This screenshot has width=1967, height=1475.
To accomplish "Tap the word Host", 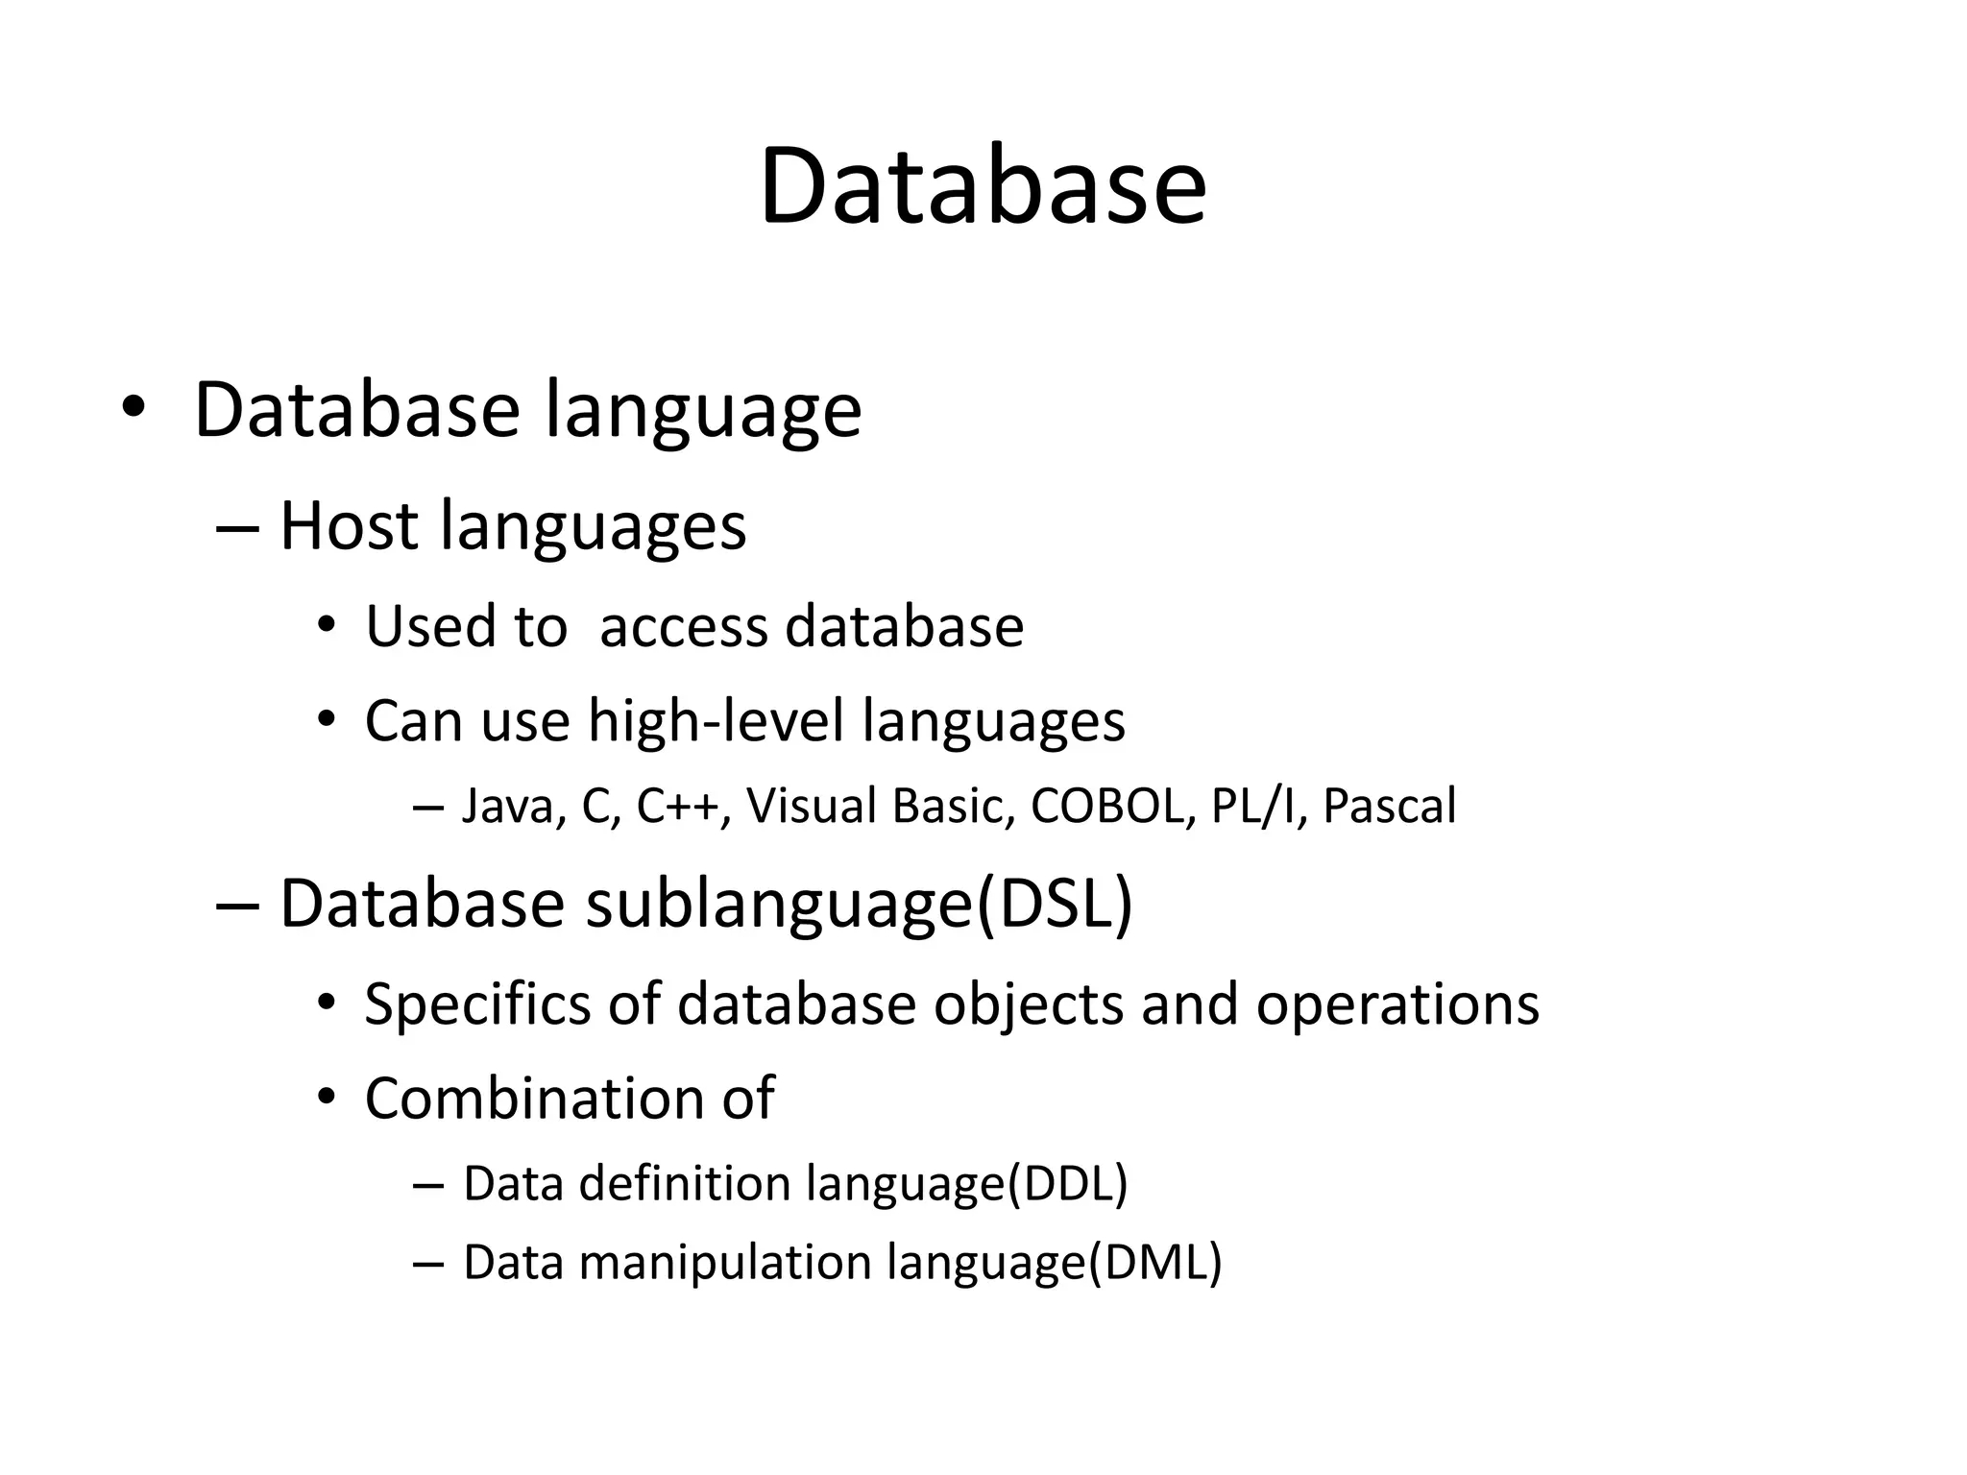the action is pos(349,526).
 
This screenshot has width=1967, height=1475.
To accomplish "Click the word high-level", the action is pos(715,720).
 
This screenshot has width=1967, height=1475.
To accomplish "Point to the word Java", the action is pos(507,806).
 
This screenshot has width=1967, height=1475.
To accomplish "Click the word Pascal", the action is pos(1389,806).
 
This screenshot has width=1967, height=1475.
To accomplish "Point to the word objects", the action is pos(1028,1005).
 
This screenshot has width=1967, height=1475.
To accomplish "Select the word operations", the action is pos(1397,1005).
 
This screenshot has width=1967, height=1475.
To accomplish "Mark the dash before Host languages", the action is pos(238,527).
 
